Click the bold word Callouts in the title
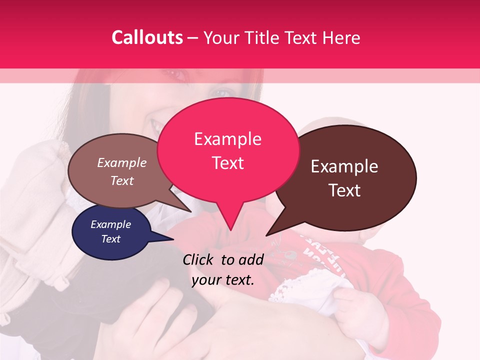pyautogui.click(x=147, y=37)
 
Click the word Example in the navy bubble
pyautogui.click(x=111, y=224)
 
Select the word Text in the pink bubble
pyautogui.click(x=228, y=163)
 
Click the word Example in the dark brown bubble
pyautogui.click(x=344, y=166)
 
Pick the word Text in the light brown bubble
pyautogui.click(x=122, y=180)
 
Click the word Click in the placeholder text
pyautogui.click(x=198, y=259)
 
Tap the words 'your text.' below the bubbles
pyautogui.click(x=223, y=280)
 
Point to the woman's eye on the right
pyautogui.click(x=222, y=93)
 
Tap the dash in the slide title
pyautogui.click(x=193, y=37)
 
